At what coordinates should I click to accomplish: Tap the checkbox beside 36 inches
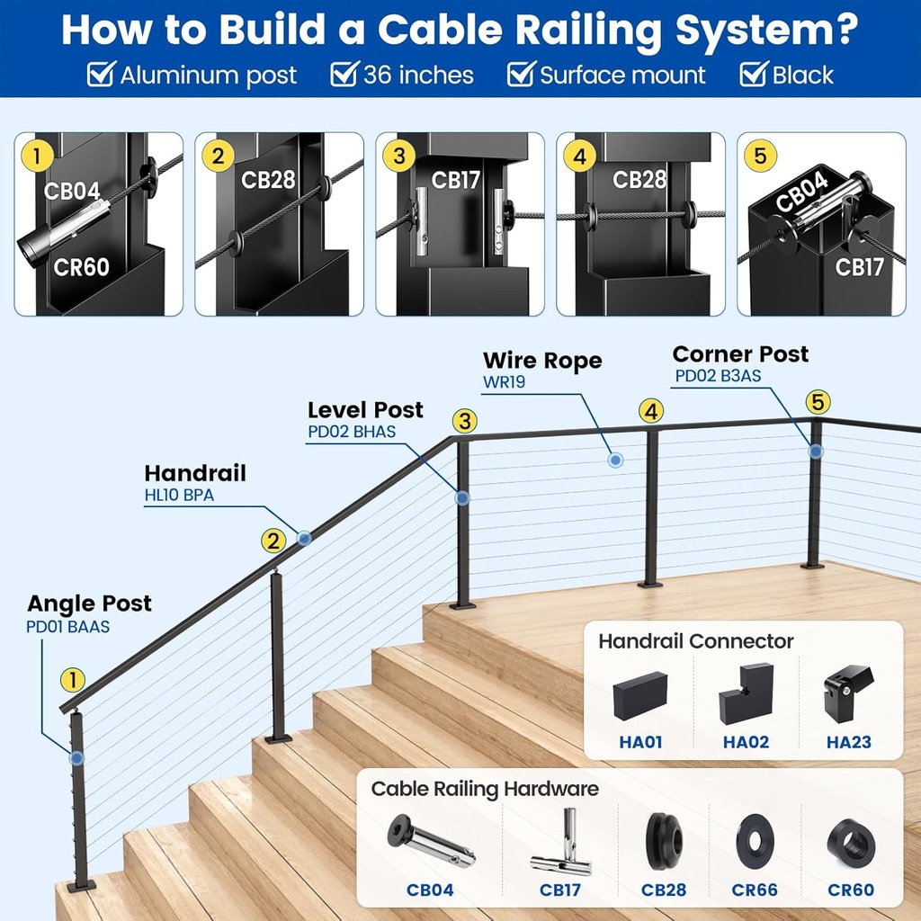tap(344, 75)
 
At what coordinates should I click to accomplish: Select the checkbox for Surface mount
tap(521, 75)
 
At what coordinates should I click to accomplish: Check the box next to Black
tap(753, 75)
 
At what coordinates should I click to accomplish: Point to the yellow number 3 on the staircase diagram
tap(464, 420)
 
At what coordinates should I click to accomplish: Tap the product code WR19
tap(504, 381)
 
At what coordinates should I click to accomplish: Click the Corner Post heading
tap(740, 354)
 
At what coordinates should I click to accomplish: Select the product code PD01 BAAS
tap(67, 626)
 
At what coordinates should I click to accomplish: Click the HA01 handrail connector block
tap(640, 695)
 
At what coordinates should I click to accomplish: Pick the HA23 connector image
tap(847, 692)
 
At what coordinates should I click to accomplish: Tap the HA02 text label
tap(746, 743)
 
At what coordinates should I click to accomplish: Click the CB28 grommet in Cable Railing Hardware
tap(664, 842)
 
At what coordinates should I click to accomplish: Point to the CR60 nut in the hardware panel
tap(851, 842)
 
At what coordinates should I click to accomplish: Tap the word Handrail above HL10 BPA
tap(195, 473)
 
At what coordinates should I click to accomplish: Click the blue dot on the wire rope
tap(615, 460)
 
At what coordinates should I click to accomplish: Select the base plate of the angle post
tap(81, 886)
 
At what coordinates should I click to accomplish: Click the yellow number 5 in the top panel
tap(761, 156)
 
